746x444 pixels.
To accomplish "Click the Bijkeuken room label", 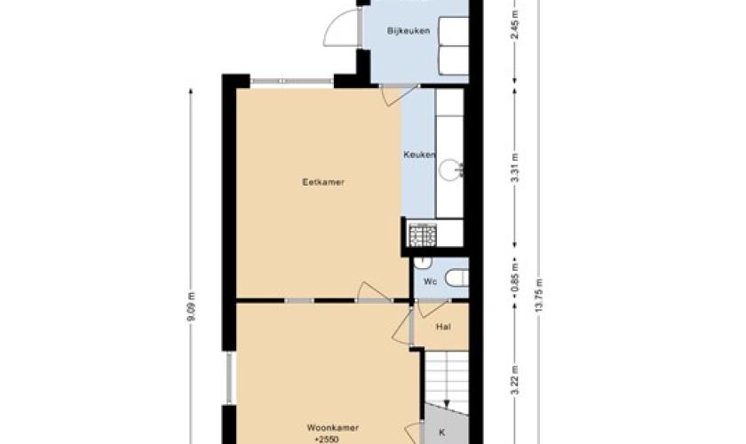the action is pos(409,31).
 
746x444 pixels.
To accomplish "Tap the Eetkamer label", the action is pos(323,182).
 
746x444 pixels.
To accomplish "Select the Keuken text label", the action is pos(418,155).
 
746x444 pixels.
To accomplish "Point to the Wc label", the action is pos(430,281).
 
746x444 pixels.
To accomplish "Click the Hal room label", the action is pos(443,327).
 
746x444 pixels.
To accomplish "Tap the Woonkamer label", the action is pos(332,428).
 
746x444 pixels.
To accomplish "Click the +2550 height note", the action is pos(327,440).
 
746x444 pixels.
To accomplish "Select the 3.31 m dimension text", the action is pos(514,167).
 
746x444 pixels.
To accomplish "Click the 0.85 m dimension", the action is pos(514,281).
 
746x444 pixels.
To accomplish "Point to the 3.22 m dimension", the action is pos(514,381).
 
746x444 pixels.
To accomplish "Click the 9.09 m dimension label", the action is pos(191,307).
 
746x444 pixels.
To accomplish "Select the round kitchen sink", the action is pos(449,170).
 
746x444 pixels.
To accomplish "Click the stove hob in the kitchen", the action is pos(423,234).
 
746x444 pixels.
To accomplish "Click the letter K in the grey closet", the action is pos(442,432).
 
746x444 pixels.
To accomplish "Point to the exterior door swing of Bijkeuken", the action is pos(341,28).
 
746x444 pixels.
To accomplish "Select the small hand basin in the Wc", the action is pos(423,262).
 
